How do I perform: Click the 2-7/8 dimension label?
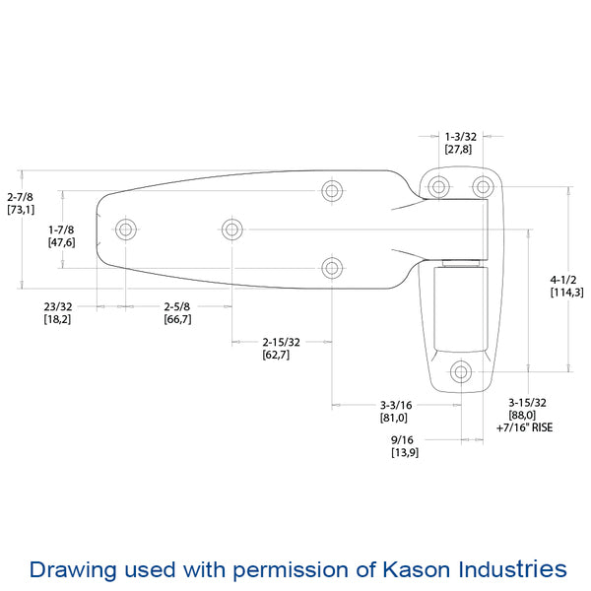[21, 196]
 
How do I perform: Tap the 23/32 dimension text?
[57, 306]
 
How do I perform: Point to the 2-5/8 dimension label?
[177, 306]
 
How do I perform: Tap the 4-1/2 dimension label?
[565, 279]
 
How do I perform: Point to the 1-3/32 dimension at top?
[459, 136]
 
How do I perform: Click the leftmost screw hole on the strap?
[125, 230]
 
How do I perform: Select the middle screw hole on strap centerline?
[231, 230]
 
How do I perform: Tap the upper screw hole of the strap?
[333, 190]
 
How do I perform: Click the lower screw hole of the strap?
[333, 267]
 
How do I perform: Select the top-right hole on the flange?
[482, 186]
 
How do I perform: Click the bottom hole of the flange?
[460, 371]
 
